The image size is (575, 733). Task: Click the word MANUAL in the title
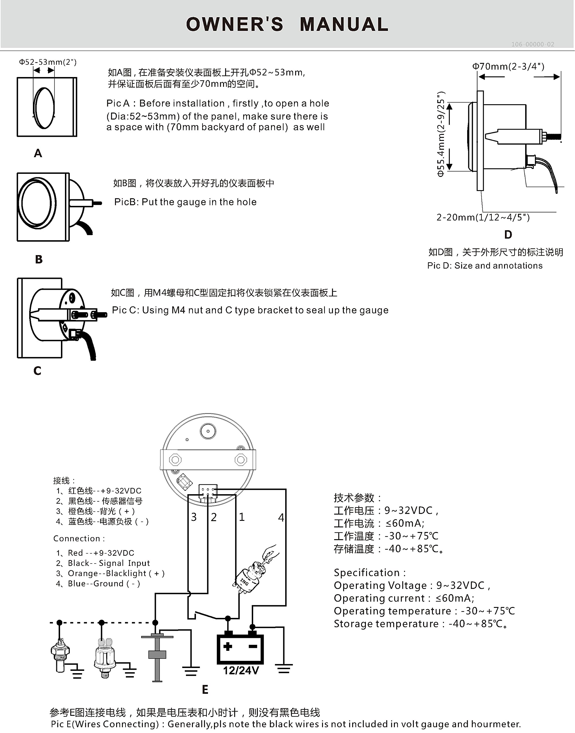pos(344,25)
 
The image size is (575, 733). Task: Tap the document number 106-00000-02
pos(532,44)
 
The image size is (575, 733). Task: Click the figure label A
pos(38,153)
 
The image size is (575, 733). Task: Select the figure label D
pos(508,235)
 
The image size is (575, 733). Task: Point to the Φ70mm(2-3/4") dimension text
pos(508,66)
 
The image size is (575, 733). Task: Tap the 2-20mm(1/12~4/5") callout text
pos(483,217)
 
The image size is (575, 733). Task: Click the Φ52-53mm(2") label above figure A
pos(47,62)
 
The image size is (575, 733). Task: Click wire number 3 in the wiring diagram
pos(194,517)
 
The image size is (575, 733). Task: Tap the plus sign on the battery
pos(228,646)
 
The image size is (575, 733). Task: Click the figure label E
pos(205,689)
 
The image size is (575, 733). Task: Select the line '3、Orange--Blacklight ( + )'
pos(110,573)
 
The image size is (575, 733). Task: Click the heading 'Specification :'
pos(370,573)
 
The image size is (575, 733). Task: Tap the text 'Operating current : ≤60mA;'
pos(404,598)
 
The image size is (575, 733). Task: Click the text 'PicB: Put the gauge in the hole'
pos(185,202)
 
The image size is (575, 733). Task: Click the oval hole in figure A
pos(44,108)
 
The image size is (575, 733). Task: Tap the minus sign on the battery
pos(253,646)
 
